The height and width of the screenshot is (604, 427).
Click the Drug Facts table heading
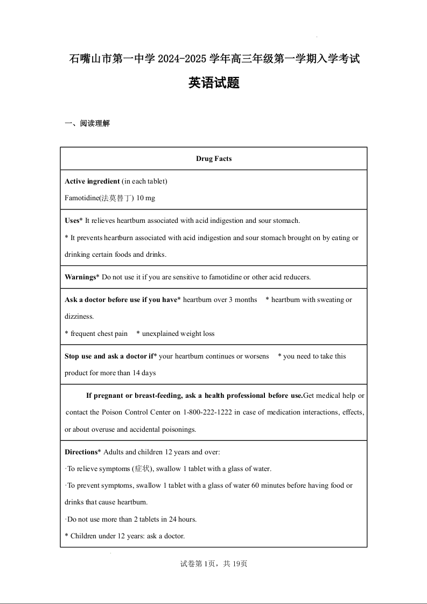214,159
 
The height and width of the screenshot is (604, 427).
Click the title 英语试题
214,83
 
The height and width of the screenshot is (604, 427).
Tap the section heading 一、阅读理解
87,123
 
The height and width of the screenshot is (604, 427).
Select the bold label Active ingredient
92,181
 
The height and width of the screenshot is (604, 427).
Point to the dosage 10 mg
145,198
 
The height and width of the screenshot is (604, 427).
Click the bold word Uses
72,220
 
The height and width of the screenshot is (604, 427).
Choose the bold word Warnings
80,277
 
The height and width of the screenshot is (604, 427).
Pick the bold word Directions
81,452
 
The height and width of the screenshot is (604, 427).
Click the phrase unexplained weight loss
178,334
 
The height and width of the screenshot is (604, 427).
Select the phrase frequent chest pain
99,334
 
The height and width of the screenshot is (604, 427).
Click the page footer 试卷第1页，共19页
214,564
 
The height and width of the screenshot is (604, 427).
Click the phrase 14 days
144,373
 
